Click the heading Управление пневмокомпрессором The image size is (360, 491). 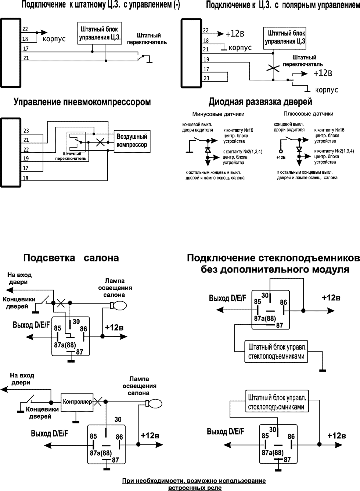82,102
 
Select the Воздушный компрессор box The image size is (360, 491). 132,140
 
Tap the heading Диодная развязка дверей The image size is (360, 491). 260,101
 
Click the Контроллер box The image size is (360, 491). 77,402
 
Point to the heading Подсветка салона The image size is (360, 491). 71,258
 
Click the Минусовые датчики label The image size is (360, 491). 218,114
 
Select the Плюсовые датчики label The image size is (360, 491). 309,114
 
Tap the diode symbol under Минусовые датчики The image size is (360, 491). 208,150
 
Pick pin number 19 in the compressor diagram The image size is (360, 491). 26,159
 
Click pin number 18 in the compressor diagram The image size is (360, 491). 26,178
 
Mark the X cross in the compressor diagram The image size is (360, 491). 100,142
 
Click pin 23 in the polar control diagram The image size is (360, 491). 206,78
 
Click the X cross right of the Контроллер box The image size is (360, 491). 98,401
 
